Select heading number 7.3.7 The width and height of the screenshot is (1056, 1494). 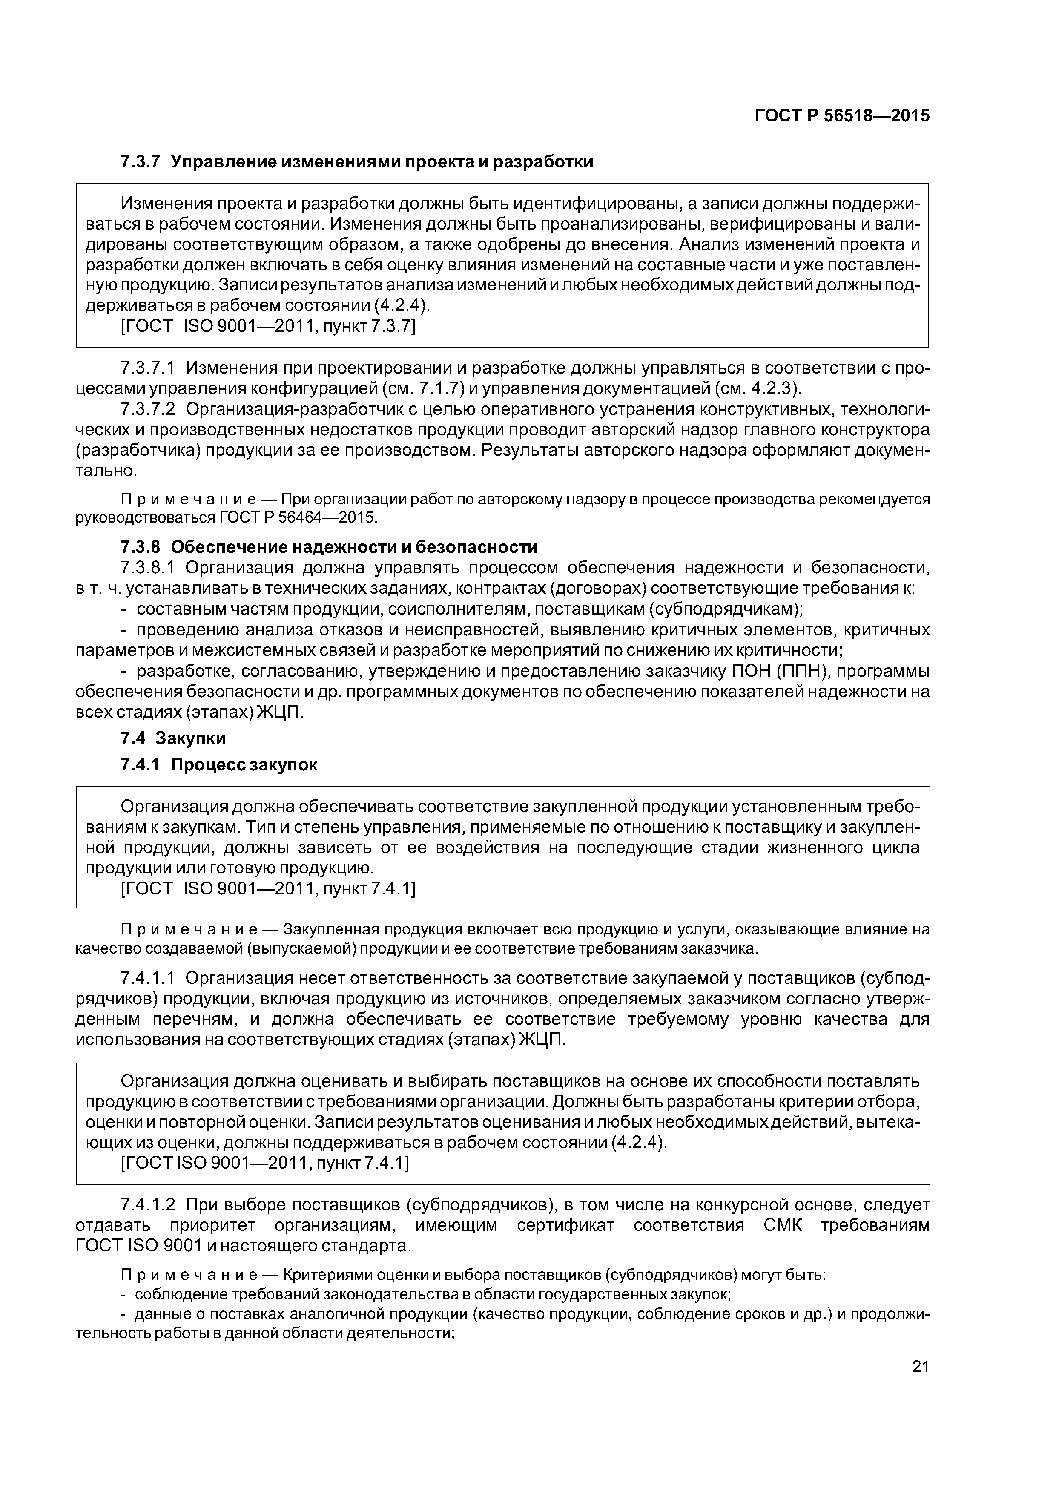pos(140,161)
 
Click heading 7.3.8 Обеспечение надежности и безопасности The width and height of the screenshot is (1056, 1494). pos(329,546)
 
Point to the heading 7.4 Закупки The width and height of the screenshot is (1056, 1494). pos(173,738)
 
